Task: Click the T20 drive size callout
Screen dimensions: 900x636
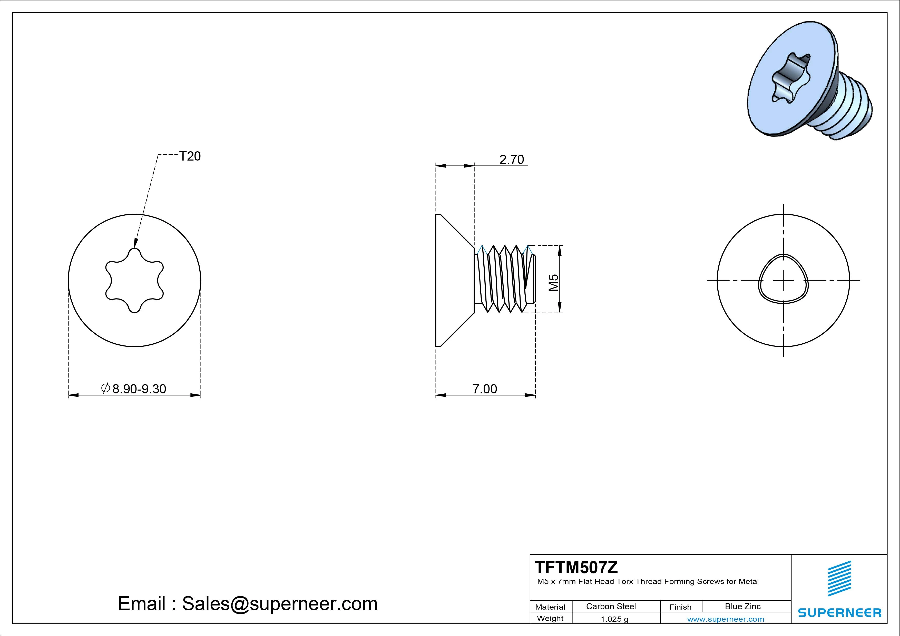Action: [x=190, y=156]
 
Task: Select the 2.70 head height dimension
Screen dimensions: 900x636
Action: [x=512, y=160]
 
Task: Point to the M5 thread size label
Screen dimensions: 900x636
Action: [x=553, y=283]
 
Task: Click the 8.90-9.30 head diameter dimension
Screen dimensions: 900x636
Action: [x=134, y=389]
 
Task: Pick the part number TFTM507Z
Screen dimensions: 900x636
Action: [x=576, y=567]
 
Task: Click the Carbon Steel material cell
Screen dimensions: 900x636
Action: [x=611, y=606]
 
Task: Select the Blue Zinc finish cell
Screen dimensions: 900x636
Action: [x=743, y=606]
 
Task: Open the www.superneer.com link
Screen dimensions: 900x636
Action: [x=726, y=619]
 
